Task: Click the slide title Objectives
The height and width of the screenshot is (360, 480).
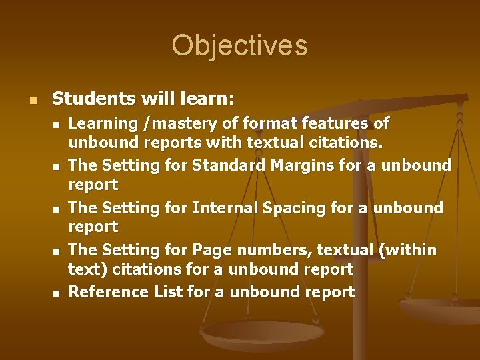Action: click(x=239, y=45)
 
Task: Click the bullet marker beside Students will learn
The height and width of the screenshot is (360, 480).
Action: click(x=26, y=100)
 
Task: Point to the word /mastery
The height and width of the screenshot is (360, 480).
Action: click(x=167, y=123)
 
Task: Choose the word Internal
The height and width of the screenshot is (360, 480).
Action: click(x=224, y=207)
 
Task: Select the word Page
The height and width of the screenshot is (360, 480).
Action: click(x=210, y=250)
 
